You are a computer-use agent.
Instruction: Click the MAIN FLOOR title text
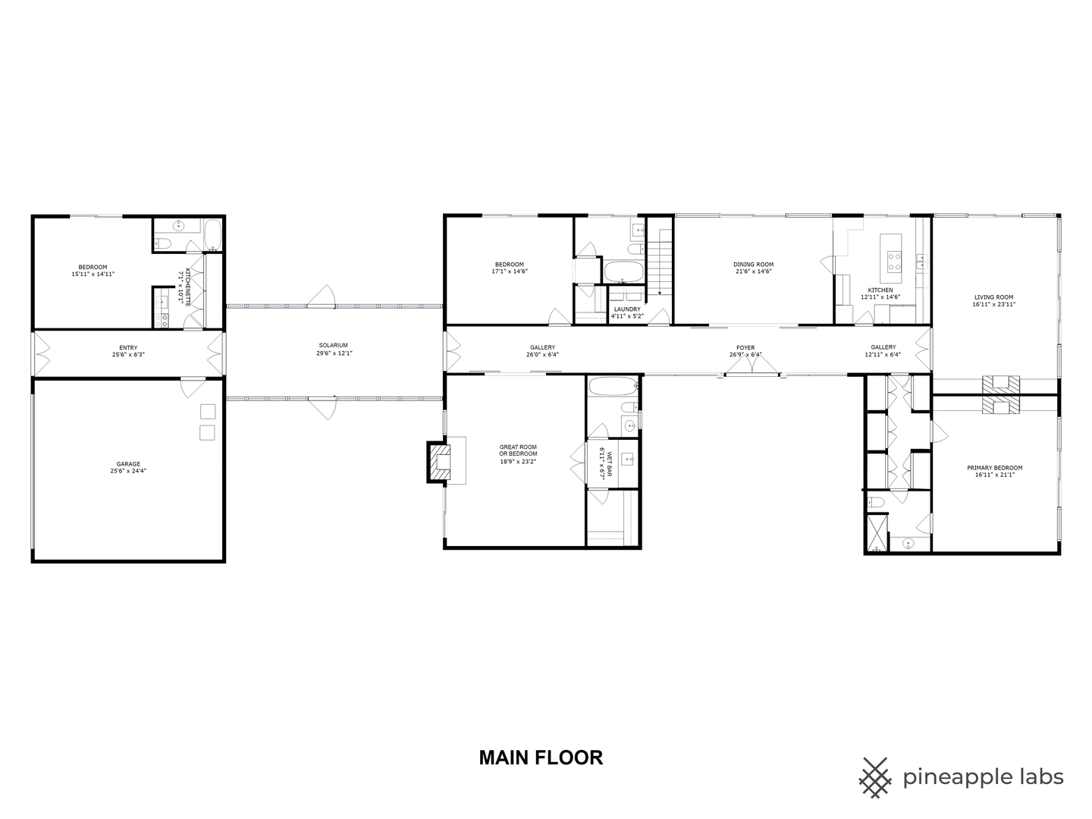click(x=541, y=758)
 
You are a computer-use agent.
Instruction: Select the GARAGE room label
click(x=128, y=464)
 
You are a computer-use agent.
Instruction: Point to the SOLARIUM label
click(x=334, y=346)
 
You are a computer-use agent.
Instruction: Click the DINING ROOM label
click(x=754, y=265)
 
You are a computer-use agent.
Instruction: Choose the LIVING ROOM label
click(x=993, y=297)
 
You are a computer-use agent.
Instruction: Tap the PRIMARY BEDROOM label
click(x=994, y=468)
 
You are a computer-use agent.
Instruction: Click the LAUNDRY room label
click(x=627, y=309)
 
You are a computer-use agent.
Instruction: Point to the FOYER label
click(x=745, y=348)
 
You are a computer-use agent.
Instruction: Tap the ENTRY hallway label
click(x=128, y=348)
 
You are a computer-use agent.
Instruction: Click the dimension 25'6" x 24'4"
click(x=128, y=471)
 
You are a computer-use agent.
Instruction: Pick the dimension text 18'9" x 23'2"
click(x=518, y=461)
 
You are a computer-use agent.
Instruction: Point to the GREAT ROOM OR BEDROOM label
click(x=518, y=450)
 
